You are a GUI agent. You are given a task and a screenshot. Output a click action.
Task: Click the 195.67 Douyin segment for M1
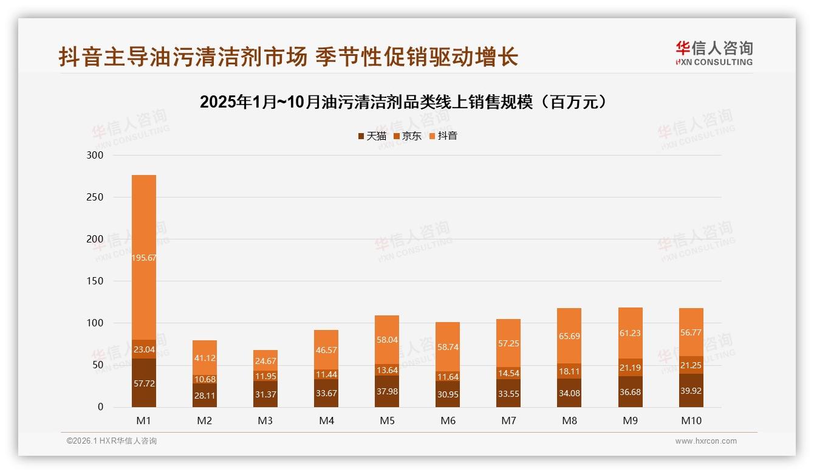coord(143,258)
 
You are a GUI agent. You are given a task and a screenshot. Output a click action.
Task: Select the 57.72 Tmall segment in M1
coord(143,383)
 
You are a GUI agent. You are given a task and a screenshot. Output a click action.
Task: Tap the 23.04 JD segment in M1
coord(143,349)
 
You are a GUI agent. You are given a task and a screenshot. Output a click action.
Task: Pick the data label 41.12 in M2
coord(205,359)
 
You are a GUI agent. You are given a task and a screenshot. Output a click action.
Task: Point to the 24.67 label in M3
coord(265,361)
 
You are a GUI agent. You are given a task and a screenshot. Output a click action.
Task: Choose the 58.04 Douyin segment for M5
coord(387,340)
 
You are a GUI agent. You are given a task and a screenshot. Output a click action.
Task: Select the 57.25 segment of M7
coord(508,343)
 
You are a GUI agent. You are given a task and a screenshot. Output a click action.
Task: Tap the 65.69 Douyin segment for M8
coord(569,335)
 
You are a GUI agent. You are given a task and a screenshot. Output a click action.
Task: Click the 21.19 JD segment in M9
coord(630,368)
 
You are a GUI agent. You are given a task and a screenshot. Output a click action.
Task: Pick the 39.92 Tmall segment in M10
coord(691,391)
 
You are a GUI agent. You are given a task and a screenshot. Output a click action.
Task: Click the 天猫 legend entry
coord(372,136)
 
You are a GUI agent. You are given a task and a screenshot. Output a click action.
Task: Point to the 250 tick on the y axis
coord(96,197)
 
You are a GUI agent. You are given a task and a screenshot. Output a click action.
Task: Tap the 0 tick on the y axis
coord(100,407)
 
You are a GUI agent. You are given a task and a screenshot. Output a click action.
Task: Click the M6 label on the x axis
coord(448,421)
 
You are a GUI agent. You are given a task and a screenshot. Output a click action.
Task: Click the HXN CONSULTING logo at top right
coord(714,53)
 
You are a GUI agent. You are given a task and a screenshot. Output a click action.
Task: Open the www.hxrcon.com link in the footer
coord(706,441)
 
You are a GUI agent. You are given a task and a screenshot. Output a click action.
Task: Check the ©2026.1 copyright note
coord(111,441)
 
